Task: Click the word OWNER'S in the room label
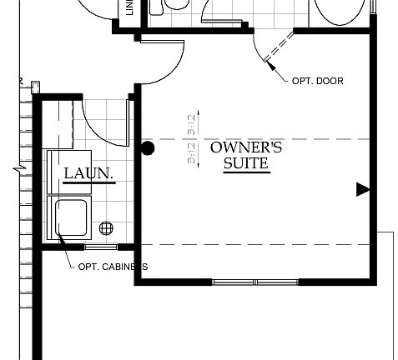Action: point(245,148)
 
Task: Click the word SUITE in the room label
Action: point(245,164)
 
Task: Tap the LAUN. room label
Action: point(88,173)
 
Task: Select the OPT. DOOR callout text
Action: point(318,81)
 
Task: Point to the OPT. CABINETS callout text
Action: point(113,267)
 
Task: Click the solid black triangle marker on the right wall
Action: point(362,189)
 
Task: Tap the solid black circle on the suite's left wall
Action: point(148,149)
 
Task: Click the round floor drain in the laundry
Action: point(106,227)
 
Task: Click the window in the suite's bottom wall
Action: point(254,282)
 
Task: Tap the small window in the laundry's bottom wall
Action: point(101,247)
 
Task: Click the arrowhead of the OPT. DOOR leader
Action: point(267,59)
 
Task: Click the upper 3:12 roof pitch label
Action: point(193,125)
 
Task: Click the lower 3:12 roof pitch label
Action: point(193,154)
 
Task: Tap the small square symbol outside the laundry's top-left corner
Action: point(34,83)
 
